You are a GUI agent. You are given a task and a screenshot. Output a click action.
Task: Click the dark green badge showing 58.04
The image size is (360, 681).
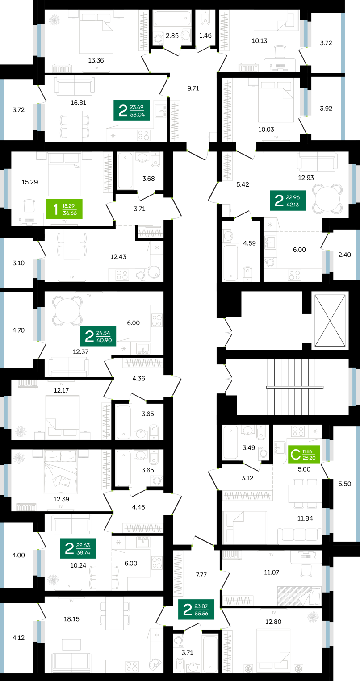pyautogui.click(x=131, y=109)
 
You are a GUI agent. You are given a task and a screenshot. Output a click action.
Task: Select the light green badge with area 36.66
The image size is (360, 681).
pyautogui.click(x=64, y=209)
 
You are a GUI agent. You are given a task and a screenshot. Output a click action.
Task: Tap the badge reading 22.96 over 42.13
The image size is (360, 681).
pyautogui.click(x=288, y=200)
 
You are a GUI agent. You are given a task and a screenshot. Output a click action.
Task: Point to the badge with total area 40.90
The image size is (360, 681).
pyautogui.click(x=98, y=336)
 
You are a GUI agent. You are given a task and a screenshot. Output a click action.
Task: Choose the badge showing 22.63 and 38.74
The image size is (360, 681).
pyautogui.click(x=78, y=548)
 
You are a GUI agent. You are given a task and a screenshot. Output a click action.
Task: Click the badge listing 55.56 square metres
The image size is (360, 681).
pyautogui.click(x=196, y=609)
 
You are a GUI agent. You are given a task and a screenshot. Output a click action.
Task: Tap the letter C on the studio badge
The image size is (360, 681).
pyautogui.click(x=295, y=455)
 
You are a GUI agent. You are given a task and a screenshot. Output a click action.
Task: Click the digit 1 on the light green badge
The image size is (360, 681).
pyautogui.click(x=55, y=209)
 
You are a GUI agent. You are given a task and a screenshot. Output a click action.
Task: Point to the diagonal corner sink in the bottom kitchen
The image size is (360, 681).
pyautogui.click(x=155, y=665)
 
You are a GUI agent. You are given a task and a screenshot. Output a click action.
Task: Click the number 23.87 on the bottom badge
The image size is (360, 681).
pyautogui.click(x=201, y=606)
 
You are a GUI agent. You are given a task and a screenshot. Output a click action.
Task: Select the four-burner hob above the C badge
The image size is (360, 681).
pyautogui.click(x=297, y=431)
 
